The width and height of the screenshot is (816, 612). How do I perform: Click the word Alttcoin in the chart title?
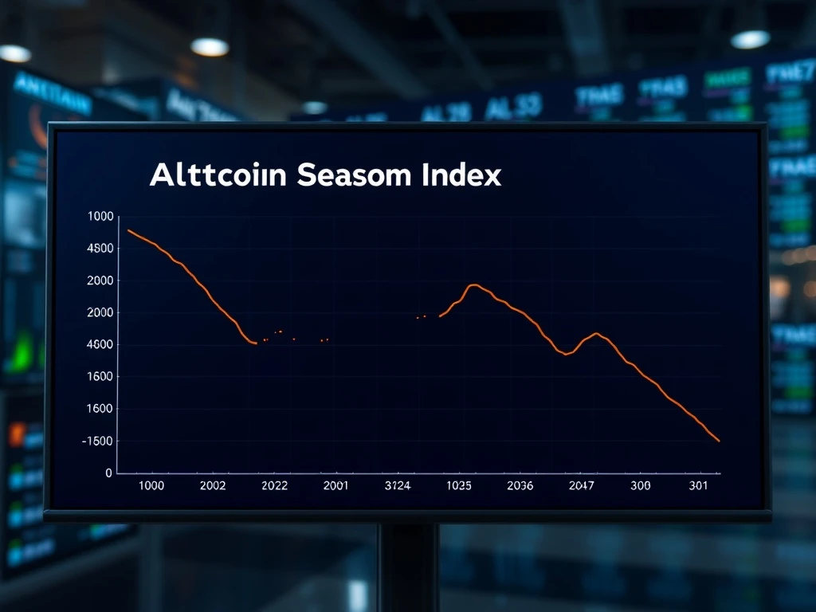218,175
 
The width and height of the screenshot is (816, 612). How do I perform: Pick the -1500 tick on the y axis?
98,441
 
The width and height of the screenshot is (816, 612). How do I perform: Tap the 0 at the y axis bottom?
109,473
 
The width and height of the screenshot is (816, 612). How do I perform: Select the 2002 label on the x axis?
213,485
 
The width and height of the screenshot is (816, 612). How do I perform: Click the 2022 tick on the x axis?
274,485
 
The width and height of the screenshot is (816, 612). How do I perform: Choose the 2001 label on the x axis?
335,485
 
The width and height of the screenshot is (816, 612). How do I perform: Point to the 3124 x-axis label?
397,485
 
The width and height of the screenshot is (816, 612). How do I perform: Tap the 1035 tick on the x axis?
459,485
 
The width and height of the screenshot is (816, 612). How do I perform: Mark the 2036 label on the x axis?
520,485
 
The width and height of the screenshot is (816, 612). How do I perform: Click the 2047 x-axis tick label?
581,485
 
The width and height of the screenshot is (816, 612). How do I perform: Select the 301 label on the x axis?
698,485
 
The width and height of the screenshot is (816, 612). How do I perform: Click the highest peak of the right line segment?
474,284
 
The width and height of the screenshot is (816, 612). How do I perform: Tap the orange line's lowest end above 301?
719,441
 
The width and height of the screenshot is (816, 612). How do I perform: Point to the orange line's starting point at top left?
128,230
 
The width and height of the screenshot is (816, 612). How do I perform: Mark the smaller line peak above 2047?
596,333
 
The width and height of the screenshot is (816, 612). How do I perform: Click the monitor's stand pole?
408,566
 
